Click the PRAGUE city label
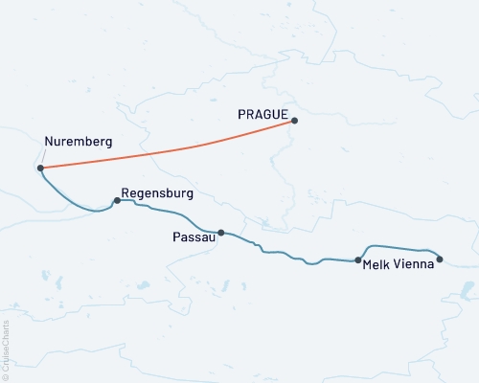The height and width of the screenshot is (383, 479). click(263, 112)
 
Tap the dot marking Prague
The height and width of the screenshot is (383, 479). click(294, 121)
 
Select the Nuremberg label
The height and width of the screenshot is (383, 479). click(79, 142)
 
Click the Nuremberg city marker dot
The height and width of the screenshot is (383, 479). click(40, 169)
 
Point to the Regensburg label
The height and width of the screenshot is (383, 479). click(158, 192)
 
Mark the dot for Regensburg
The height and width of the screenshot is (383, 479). click(117, 201)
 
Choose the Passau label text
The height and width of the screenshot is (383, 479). click(192, 237)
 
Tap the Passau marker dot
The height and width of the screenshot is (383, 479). click(221, 232)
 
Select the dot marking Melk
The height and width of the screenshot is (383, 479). click(358, 259)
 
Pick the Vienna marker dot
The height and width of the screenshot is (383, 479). click(440, 259)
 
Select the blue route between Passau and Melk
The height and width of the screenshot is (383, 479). click(287, 253)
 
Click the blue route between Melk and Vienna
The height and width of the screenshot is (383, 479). click(402, 245)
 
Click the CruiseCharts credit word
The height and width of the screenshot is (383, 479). click(6, 341)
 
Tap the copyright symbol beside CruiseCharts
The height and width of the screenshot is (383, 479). click(6, 376)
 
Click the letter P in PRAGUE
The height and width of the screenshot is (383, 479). click(241, 112)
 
